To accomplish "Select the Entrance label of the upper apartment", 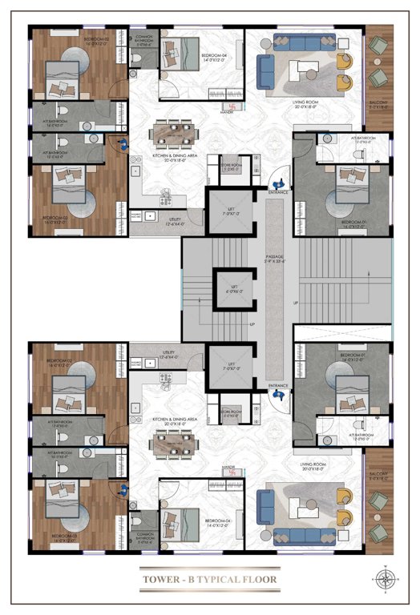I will (278, 192).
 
